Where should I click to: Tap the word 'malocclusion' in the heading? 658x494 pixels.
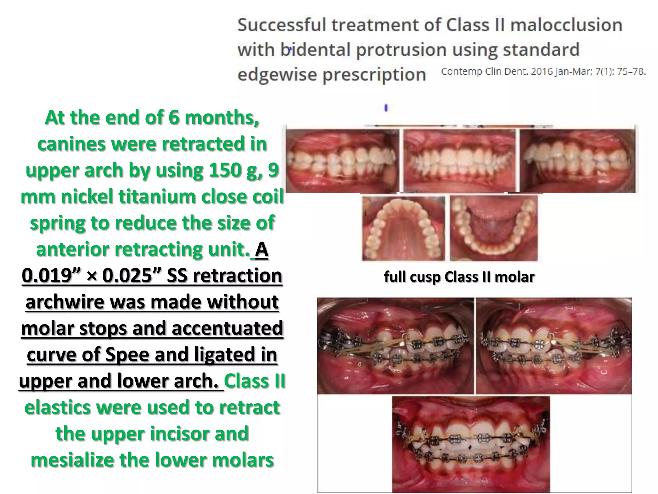point(566,25)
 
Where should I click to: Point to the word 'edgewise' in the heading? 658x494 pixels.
point(277,75)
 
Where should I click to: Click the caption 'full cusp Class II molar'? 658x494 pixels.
point(459,277)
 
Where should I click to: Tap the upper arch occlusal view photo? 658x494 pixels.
point(404,228)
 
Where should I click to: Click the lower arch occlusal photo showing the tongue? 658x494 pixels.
point(493,228)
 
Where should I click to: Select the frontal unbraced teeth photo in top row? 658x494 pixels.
point(459,161)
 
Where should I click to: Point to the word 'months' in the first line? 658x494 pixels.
point(222,117)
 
